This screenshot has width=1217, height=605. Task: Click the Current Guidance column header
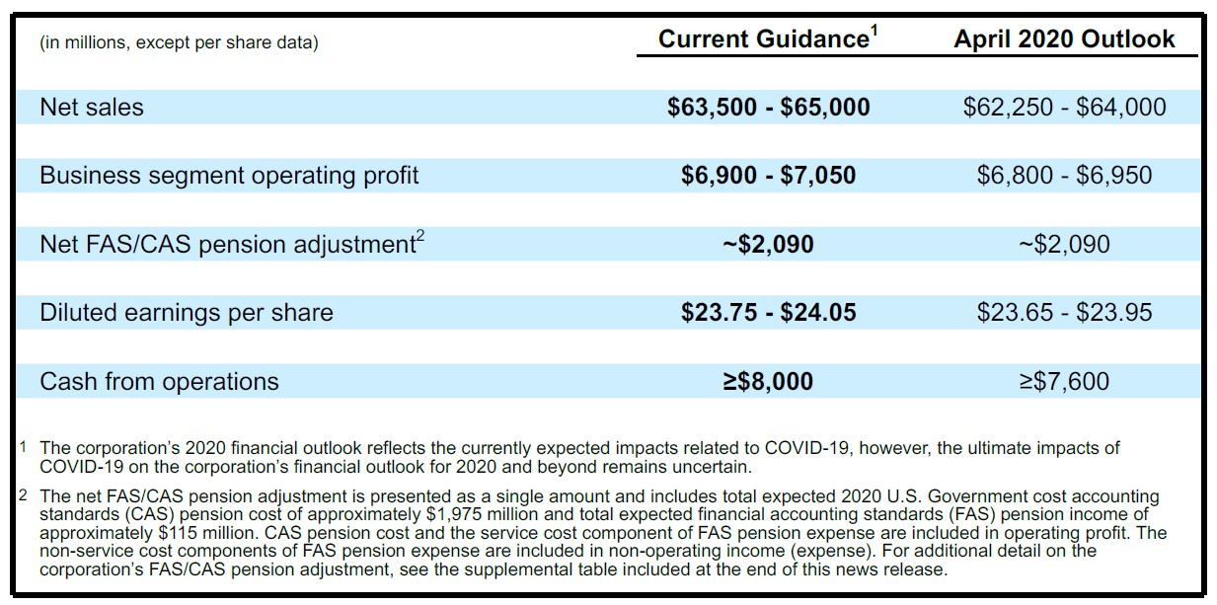(768, 39)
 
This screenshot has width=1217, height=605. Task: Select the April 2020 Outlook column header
(1064, 39)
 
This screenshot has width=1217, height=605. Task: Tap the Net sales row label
(92, 107)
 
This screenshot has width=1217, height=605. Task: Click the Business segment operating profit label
(229, 176)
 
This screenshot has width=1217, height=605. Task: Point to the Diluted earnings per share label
(187, 312)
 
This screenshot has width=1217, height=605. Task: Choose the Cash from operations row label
(159, 381)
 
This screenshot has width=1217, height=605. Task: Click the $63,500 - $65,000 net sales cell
(768, 107)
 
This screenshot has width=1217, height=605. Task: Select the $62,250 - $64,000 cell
(1064, 107)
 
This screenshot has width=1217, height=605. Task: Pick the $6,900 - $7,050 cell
(768, 176)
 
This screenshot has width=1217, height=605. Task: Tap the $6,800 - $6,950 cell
(1064, 176)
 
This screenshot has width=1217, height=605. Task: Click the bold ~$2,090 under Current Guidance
(768, 244)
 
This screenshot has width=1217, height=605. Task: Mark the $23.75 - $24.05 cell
(768, 312)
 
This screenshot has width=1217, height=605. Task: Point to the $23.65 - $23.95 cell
(1064, 312)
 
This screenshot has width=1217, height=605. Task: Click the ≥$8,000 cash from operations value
(768, 381)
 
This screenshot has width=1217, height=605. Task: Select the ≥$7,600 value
(1064, 381)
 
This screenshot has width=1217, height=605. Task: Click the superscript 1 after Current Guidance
(875, 31)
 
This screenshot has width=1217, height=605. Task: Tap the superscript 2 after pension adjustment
(419, 237)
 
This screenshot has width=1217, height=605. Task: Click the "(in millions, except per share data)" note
(179, 42)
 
